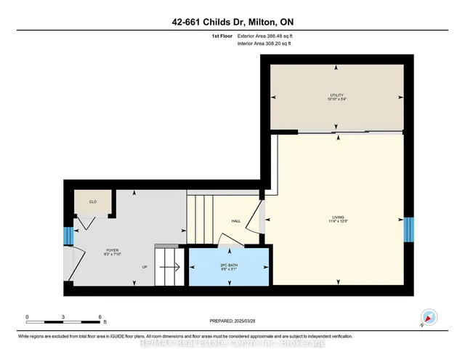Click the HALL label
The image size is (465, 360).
236,221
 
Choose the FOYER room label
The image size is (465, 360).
111,253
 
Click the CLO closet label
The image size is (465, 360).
93,201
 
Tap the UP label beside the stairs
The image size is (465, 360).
145,266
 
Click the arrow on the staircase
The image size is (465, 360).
172,267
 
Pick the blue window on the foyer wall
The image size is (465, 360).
69,236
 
